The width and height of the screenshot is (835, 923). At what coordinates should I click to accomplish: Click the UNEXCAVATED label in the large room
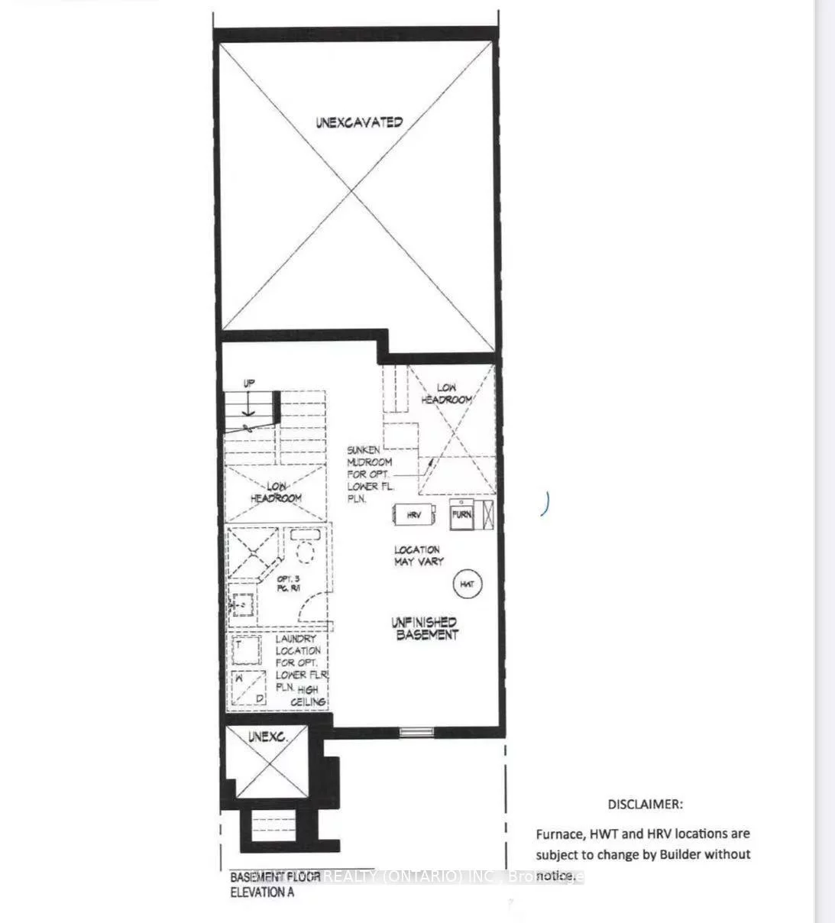click(359, 121)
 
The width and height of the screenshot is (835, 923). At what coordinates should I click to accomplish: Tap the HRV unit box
click(414, 515)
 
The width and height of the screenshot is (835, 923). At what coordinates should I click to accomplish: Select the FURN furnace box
click(462, 514)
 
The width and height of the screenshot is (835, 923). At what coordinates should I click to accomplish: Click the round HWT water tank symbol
click(467, 585)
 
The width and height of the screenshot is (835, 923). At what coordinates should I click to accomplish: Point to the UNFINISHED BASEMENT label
click(425, 628)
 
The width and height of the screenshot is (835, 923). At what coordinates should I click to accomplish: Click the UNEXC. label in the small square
click(267, 737)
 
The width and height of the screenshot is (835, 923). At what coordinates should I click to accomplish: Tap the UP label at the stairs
click(249, 384)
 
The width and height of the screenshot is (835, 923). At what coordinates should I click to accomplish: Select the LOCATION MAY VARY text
click(417, 555)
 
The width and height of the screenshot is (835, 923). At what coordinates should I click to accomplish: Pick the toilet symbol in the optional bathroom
click(306, 549)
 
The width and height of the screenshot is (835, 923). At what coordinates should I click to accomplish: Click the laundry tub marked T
click(246, 649)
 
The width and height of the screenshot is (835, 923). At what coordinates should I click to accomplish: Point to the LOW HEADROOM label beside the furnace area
click(447, 393)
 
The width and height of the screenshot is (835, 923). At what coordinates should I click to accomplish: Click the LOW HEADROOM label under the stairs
click(276, 492)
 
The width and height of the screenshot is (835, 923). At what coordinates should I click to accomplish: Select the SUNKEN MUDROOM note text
click(369, 474)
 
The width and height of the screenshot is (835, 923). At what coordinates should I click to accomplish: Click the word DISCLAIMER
click(646, 804)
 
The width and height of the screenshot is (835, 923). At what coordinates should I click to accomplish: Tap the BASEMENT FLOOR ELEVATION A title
click(275, 884)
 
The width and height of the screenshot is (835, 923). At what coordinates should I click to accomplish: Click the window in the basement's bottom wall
click(416, 732)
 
